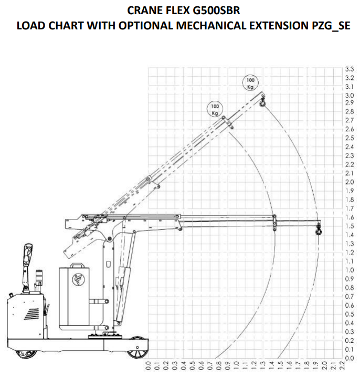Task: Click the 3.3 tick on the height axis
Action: (350, 69)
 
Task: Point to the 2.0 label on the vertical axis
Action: (350, 182)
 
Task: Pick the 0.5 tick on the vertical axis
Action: (350, 314)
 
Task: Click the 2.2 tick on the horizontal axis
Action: (342, 365)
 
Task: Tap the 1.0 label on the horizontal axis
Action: (236, 365)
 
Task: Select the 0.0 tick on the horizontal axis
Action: (148, 365)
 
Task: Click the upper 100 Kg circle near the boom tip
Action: (250, 83)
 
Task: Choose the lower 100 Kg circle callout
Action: (215, 110)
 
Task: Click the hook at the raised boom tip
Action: (262, 102)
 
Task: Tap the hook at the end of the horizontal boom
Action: (319, 230)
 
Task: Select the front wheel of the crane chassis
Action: (137, 348)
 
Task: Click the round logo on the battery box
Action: (78, 279)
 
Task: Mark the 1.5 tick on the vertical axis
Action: (350, 226)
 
